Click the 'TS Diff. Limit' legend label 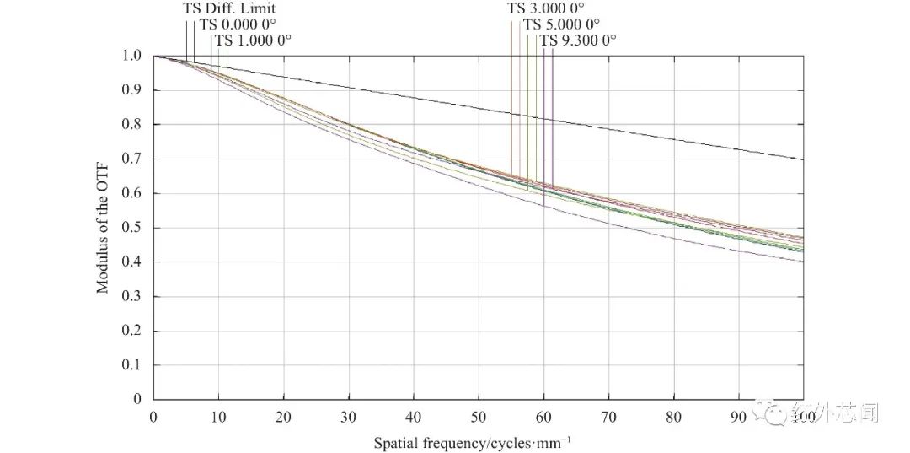pyautogui.click(x=229, y=9)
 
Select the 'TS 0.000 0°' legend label pyautogui.click(x=238, y=24)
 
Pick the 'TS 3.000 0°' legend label pyautogui.click(x=546, y=9)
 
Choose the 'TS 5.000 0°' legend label pyautogui.click(x=561, y=24)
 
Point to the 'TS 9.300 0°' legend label pyautogui.click(x=578, y=40)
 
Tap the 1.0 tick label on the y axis pyautogui.click(x=131, y=56)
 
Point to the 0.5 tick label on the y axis pyautogui.click(x=131, y=228)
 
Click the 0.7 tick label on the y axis pyautogui.click(x=131, y=159)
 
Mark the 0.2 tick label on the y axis pyautogui.click(x=131, y=331)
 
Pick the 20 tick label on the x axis pyautogui.click(x=283, y=417)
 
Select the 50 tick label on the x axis pyautogui.click(x=478, y=417)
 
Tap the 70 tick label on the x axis pyautogui.click(x=608, y=417)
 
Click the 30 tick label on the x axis pyautogui.click(x=348, y=417)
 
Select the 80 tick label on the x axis pyautogui.click(x=673, y=417)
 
